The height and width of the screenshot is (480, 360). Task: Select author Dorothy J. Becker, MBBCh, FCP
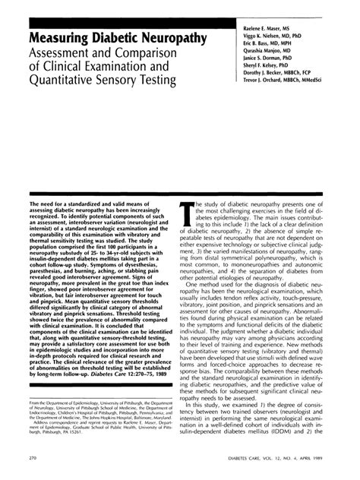274,78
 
